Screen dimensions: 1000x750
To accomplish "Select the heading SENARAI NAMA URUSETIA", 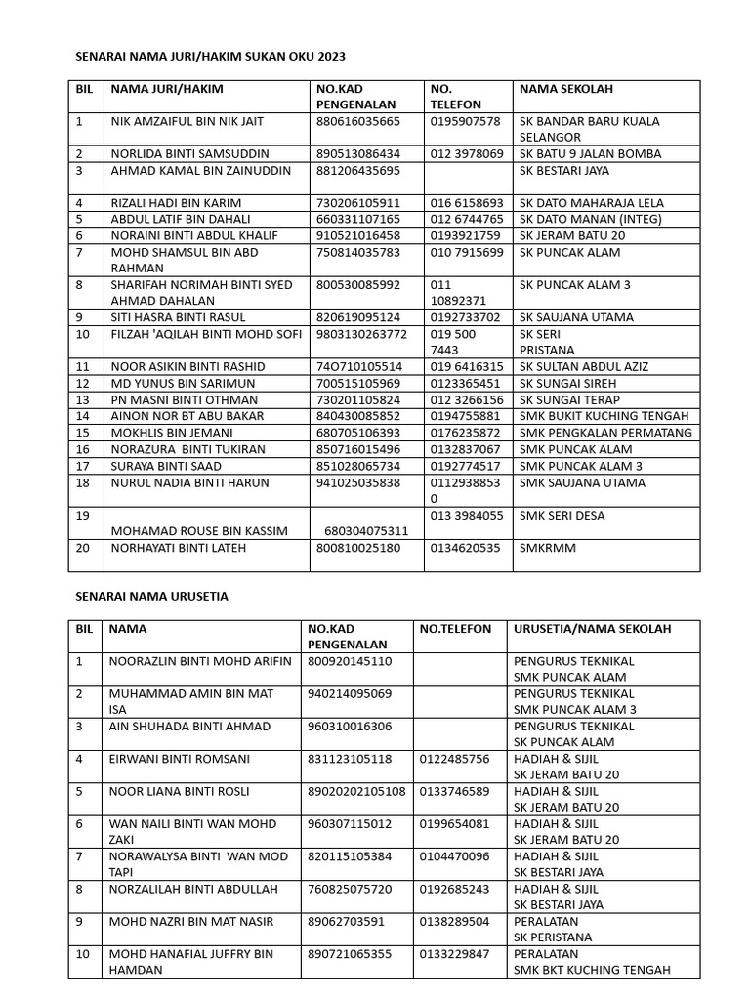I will tap(151, 596).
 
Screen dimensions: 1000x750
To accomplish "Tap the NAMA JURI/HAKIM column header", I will tap(167, 89).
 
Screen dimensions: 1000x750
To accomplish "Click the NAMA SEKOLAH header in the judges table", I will tap(566, 89).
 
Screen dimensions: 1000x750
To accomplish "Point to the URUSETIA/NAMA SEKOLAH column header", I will tap(593, 629).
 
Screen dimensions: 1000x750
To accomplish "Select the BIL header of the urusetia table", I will tap(85, 629).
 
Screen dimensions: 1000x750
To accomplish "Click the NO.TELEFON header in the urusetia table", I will tap(455, 629).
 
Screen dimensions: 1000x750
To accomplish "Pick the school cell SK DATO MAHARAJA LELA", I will tap(592, 202).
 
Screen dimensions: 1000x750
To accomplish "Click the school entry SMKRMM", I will tap(548, 548).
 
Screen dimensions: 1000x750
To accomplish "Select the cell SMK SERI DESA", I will tap(562, 515).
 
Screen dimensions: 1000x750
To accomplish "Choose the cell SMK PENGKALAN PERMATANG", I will tap(605, 432).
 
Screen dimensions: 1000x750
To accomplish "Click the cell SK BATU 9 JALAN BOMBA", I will tap(590, 153).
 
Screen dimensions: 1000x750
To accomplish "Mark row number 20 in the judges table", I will tap(83, 548).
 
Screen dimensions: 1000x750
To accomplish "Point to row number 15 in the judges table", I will tap(83, 432).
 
